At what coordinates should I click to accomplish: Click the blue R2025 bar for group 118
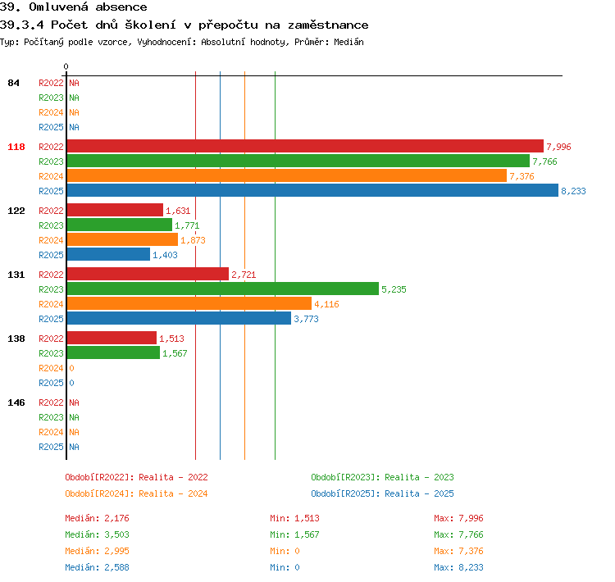pos(312,191)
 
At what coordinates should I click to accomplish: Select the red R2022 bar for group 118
pos(306,146)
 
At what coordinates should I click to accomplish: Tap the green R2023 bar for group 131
pos(223,289)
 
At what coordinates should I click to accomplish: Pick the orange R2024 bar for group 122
pos(122,239)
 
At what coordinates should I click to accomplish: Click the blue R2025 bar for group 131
pos(180,318)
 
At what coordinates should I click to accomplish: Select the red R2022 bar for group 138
pos(112,338)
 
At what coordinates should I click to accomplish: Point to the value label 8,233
pos(573,191)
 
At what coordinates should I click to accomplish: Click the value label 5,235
pos(394,289)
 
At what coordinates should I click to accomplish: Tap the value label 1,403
pos(165,255)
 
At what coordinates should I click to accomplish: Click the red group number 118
pos(16,147)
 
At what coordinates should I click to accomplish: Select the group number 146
pos(16,402)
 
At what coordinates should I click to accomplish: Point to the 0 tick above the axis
pos(66,66)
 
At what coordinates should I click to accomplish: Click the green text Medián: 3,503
pos(97,534)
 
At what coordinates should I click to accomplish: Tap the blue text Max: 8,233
pos(458,567)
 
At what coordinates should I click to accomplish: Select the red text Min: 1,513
pos(294,518)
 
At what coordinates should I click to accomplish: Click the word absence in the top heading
pos(121,7)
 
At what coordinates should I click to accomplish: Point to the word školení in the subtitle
pos(150,25)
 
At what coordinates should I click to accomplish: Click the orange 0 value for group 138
pos(71,368)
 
